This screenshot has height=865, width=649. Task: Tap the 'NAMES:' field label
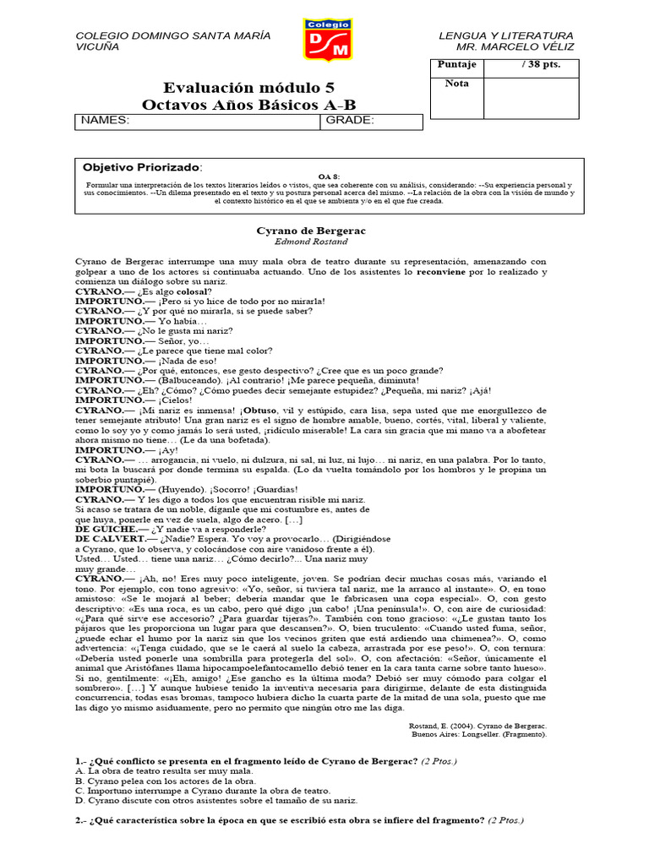click(x=105, y=121)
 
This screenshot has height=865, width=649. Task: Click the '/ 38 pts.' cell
click(x=539, y=65)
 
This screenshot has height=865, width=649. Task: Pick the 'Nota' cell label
click(x=456, y=84)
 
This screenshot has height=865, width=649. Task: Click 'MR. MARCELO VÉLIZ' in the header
click(x=521, y=48)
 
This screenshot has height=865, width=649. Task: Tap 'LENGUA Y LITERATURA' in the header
click(x=505, y=35)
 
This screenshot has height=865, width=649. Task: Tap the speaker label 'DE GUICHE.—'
click(x=110, y=529)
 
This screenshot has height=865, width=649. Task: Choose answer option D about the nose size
click(x=216, y=800)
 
